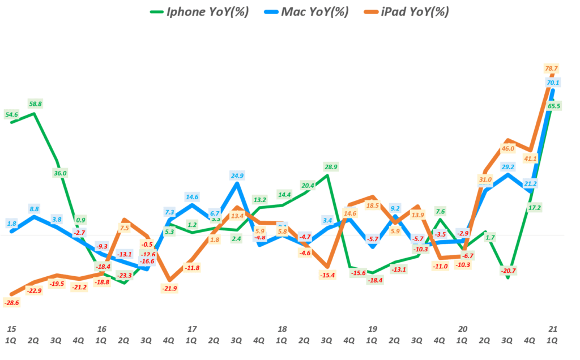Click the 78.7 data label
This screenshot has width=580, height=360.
(551, 68)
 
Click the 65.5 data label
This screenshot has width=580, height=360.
(554, 106)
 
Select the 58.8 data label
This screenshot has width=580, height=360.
(35, 104)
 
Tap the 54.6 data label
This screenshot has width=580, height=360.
(11, 114)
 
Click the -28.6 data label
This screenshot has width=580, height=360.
(11, 303)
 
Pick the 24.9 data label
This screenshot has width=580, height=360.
(237, 175)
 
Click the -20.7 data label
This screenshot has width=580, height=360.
(508, 271)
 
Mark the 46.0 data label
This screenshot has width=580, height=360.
(507, 148)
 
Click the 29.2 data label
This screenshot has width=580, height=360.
(507, 167)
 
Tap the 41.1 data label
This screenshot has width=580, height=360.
(531, 159)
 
